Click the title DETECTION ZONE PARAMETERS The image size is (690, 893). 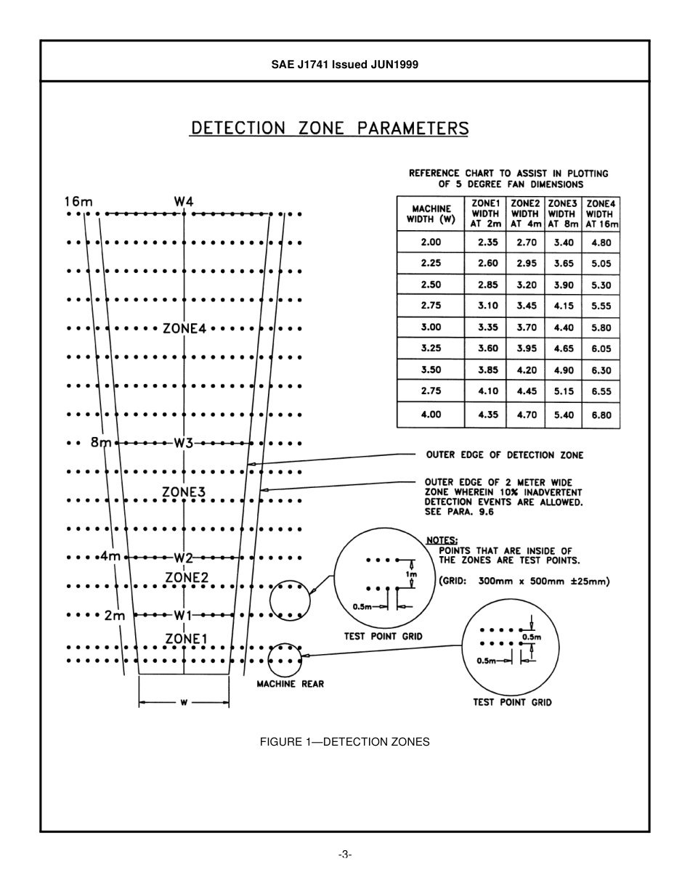(x=329, y=129)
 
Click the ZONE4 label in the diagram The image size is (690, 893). (x=184, y=328)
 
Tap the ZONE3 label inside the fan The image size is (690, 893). (x=184, y=492)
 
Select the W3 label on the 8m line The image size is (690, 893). (x=183, y=442)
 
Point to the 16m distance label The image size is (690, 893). (x=78, y=201)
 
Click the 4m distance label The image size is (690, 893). (x=110, y=557)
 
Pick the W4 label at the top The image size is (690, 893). (x=183, y=201)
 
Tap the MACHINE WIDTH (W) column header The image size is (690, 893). (x=431, y=213)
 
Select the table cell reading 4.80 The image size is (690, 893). (x=601, y=242)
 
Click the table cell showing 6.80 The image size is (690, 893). (x=601, y=415)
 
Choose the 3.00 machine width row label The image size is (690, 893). (x=431, y=327)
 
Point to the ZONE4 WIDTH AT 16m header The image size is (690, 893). (x=601, y=213)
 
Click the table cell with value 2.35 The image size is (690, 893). (x=487, y=242)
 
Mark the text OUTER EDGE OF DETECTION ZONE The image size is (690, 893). (x=504, y=455)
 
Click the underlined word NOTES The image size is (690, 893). (x=442, y=540)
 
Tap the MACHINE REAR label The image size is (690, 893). (x=291, y=684)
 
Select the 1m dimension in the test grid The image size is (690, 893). (x=412, y=574)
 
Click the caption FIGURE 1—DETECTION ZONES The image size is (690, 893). (x=344, y=742)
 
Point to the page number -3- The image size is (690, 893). (x=345, y=855)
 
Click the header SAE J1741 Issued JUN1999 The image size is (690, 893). (x=344, y=65)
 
